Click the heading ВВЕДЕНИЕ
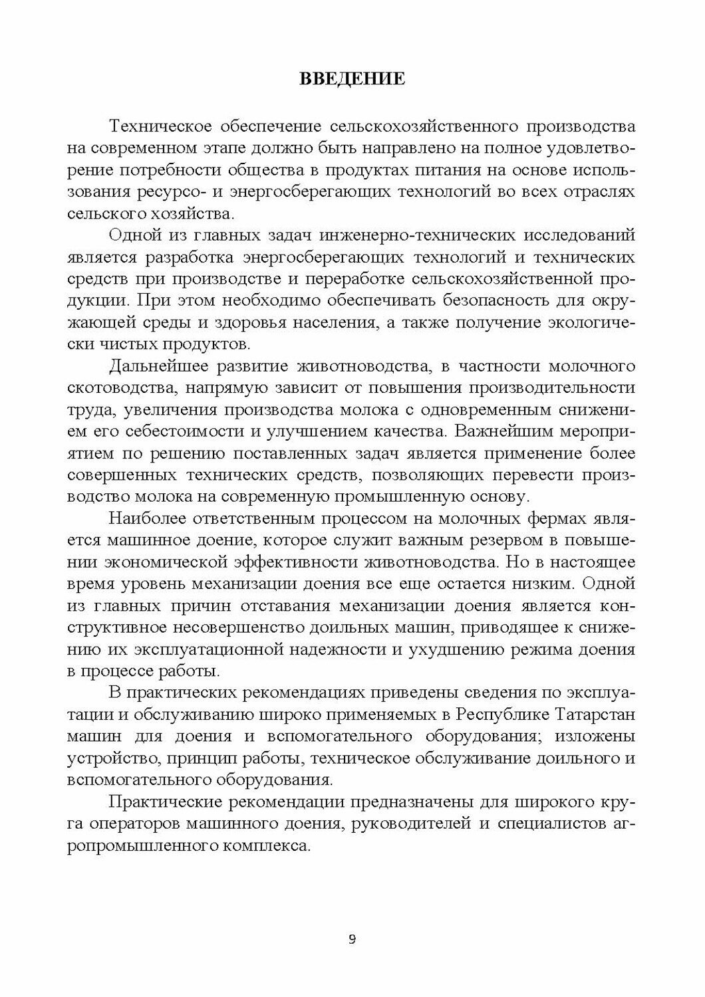[x=352, y=79]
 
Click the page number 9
[x=352, y=939]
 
